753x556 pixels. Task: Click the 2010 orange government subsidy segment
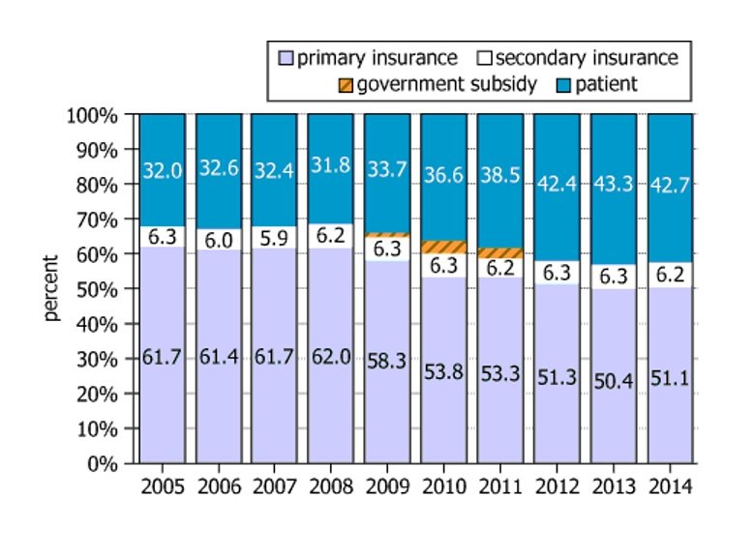click(x=444, y=248)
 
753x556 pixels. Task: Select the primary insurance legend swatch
click(x=286, y=58)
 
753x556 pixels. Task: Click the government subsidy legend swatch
click(x=345, y=84)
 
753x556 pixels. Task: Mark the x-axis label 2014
click(x=670, y=484)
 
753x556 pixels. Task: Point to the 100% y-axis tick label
click(x=93, y=115)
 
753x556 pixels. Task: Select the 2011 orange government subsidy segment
click(x=500, y=253)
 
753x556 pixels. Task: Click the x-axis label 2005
click(x=163, y=484)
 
